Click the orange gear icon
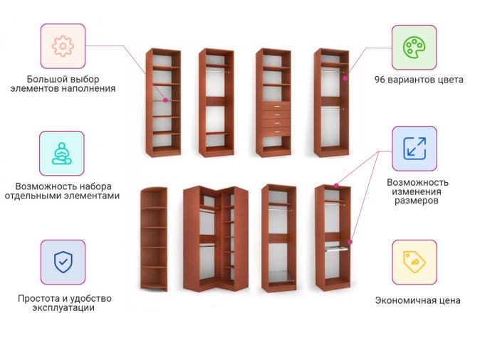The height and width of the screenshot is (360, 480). click(63, 46)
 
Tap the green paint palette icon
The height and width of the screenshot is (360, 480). click(414, 48)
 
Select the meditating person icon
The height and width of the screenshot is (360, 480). click(62, 154)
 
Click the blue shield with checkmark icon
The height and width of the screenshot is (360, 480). click(63, 262)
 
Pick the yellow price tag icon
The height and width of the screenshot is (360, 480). click(414, 262)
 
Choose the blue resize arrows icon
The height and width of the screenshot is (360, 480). click(414, 149)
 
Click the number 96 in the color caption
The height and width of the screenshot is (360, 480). click(380, 80)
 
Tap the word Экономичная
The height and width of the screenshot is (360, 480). click(404, 300)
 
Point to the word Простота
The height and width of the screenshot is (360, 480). click(39, 298)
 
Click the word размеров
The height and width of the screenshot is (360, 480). click(417, 201)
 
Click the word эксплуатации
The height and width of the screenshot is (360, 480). click(63, 307)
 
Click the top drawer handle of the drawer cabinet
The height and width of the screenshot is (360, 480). click(277, 107)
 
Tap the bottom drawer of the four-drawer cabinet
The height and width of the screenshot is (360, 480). click(276, 132)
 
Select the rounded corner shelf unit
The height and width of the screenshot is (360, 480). click(154, 239)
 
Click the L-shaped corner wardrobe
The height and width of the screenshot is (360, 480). click(216, 238)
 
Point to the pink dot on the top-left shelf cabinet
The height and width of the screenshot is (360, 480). click(166, 100)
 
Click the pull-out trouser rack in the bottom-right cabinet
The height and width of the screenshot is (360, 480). click(336, 248)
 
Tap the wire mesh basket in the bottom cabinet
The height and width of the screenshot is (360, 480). click(281, 277)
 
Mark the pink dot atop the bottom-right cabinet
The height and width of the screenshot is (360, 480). click(336, 186)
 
